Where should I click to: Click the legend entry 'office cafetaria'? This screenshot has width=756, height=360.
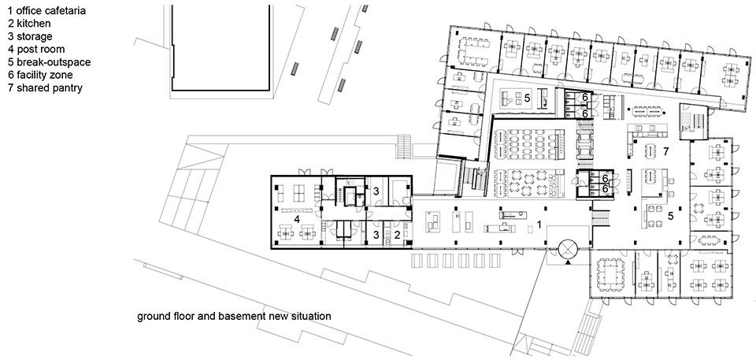tap(46, 10)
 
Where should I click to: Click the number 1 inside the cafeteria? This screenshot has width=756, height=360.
tap(539, 225)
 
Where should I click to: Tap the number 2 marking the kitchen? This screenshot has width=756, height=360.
tap(397, 235)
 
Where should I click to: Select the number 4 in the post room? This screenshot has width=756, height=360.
tap(297, 219)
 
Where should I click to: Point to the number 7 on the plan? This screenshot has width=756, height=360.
tap(665, 151)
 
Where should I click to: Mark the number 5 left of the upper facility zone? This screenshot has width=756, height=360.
tap(528, 98)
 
